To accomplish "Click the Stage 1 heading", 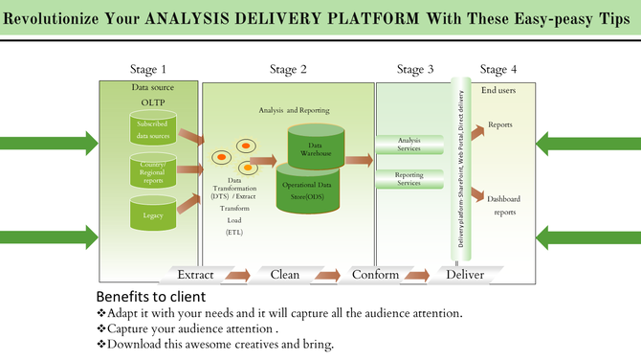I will [x=148, y=69].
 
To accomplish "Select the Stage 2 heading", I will [x=288, y=69].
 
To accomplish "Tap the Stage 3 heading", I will [x=415, y=69].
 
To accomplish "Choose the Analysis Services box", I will [x=409, y=144].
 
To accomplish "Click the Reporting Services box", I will [x=409, y=178].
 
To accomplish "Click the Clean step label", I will [x=285, y=275].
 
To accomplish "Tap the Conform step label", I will [x=375, y=275].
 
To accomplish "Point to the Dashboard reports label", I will [x=503, y=205].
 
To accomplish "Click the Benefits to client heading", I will [x=150, y=297].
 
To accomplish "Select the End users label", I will [x=500, y=90].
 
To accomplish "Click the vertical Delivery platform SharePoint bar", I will [x=459, y=168].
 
